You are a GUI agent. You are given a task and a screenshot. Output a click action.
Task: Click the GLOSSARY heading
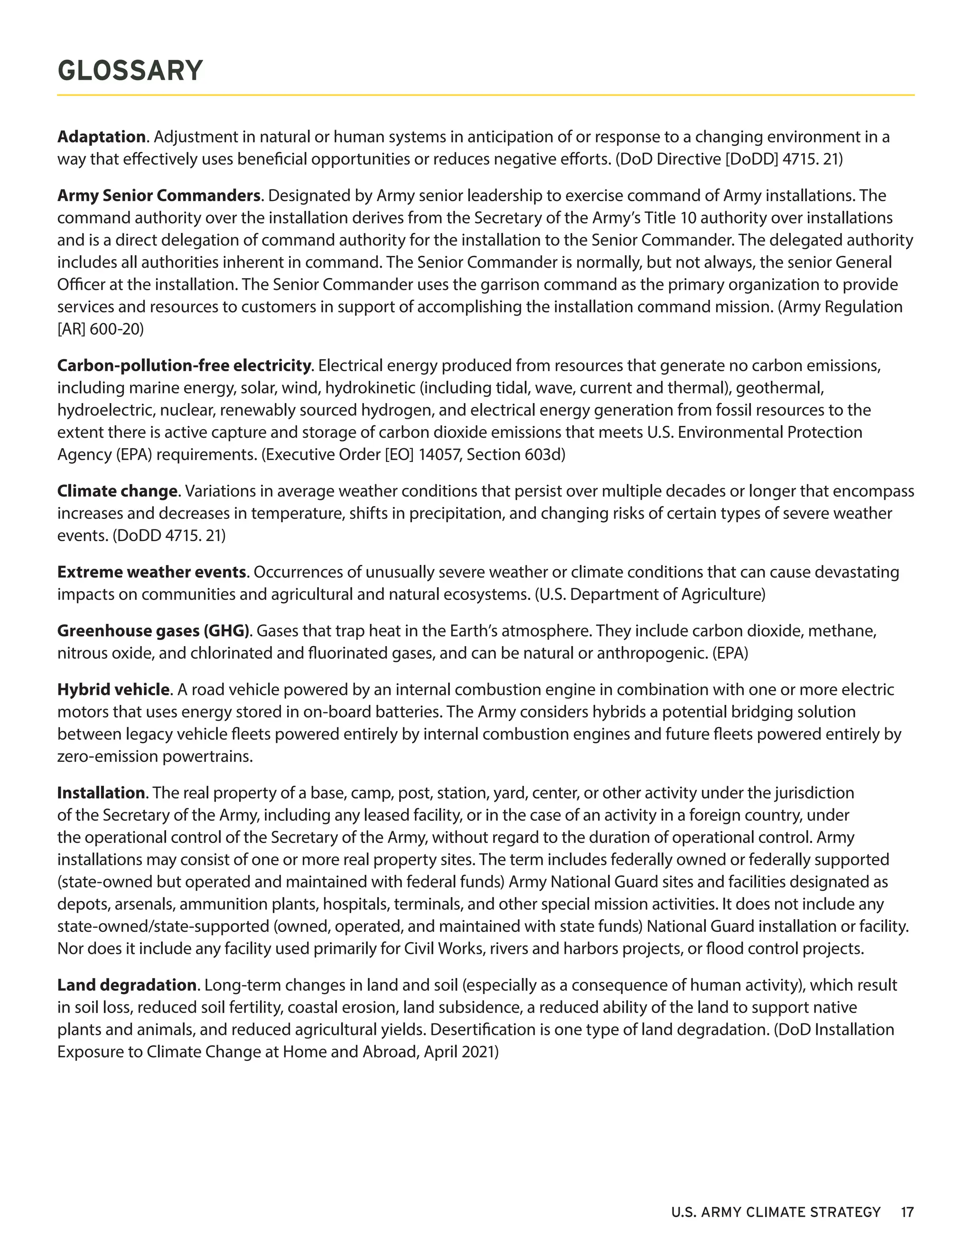(x=130, y=71)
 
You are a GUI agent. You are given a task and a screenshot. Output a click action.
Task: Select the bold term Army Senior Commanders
(x=159, y=196)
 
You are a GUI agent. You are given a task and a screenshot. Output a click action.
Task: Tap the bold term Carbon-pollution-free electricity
(x=184, y=366)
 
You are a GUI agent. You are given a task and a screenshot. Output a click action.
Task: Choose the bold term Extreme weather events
(x=152, y=572)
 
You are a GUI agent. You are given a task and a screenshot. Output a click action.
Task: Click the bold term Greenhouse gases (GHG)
(x=153, y=631)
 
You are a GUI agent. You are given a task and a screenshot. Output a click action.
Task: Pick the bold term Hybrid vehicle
(x=113, y=689)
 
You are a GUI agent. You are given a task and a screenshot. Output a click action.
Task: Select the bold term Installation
(x=101, y=793)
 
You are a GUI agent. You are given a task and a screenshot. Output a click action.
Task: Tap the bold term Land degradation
(x=127, y=985)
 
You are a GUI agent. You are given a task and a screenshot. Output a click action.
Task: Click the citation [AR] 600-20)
(x=100, y=329)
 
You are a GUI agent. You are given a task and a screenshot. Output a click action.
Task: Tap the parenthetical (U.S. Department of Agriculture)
(x=650, y=594)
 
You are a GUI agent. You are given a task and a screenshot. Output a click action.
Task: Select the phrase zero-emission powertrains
(x=155, y=756)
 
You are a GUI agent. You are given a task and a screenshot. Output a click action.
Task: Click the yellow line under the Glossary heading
(x=486, y=95)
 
